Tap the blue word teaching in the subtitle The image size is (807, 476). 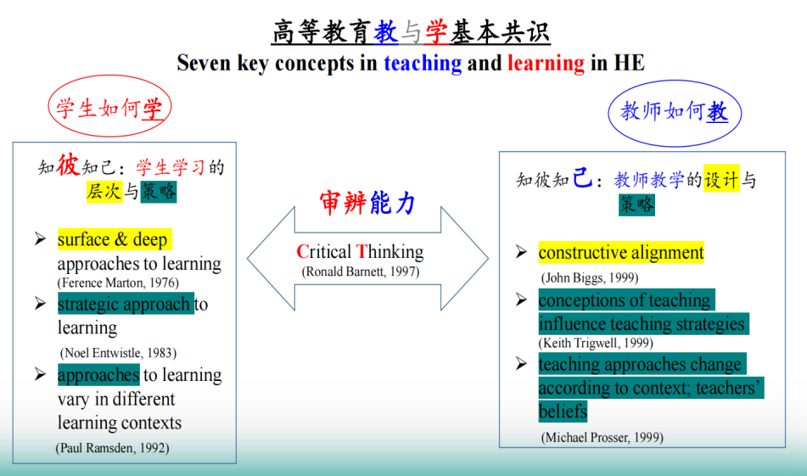coord(423,64)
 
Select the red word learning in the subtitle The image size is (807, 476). coord(546,64)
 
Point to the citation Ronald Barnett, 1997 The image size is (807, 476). coord(361,272)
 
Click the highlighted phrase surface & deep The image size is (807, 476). coord(115,239)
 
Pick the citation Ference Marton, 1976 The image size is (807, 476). coord(118,283)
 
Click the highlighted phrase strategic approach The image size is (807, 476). coord(126,304)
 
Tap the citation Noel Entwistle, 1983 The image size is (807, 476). coord(118,353)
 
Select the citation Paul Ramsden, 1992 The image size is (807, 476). coord(112,448)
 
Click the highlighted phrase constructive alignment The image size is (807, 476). coord(621,253)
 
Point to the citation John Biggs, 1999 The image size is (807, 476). coord(589,278)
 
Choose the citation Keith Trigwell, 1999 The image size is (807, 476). coord(596,343)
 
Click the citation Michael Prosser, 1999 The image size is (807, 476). coord(602,438)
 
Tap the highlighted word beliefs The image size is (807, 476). coord(563,412)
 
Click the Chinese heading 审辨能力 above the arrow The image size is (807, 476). coord(367,202)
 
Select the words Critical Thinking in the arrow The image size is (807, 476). coord(360,252)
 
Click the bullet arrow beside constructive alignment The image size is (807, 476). coord(521,252)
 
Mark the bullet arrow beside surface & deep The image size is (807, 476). coord(40,238)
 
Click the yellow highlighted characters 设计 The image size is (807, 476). coord(721,178)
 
